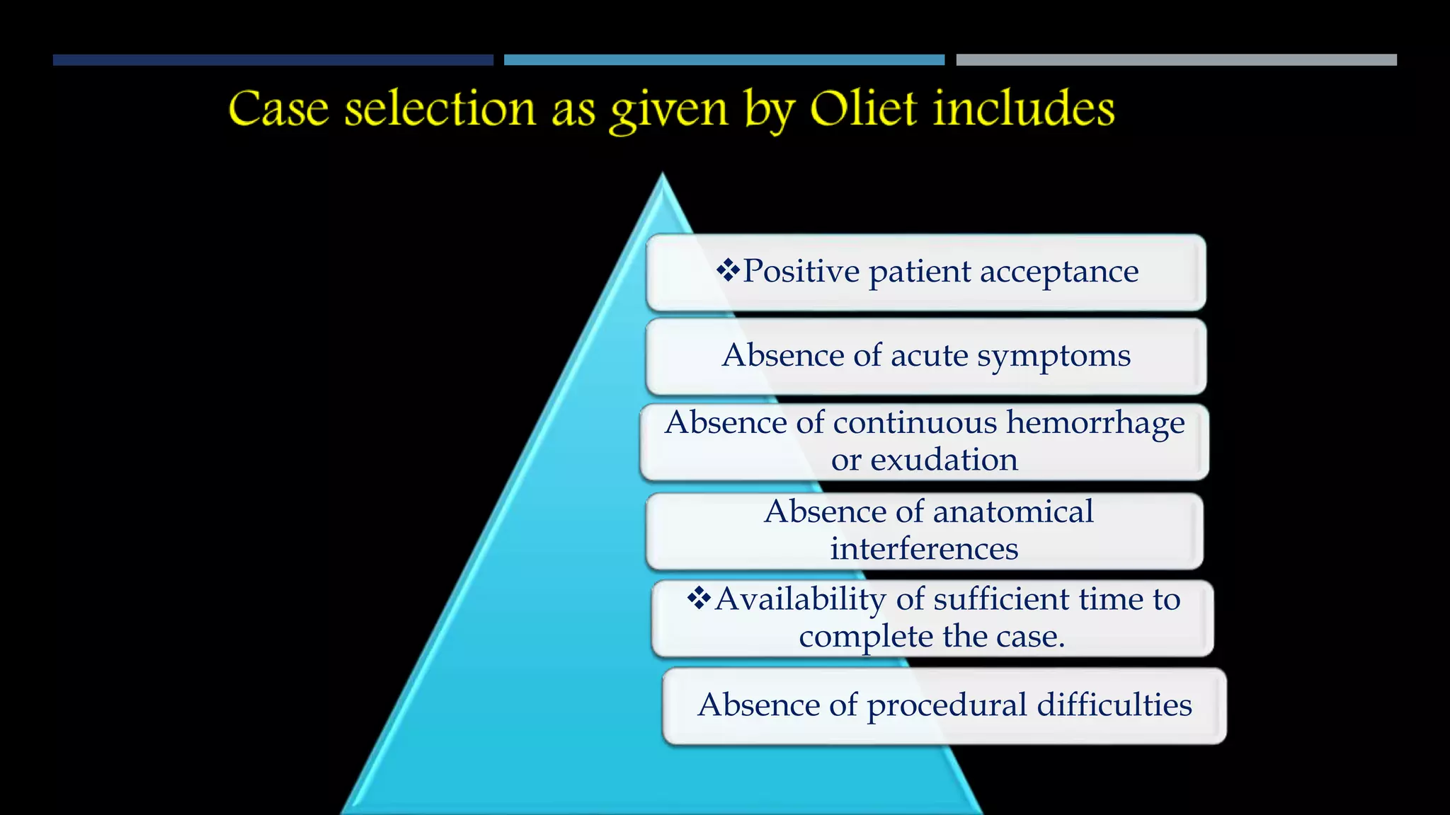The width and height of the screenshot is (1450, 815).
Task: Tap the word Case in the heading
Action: (278, 110)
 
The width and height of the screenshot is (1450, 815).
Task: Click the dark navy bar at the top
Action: (273, 60)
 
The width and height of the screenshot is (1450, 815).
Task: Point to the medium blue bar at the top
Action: (724, 60)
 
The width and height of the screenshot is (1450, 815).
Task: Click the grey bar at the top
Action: (1176, 60)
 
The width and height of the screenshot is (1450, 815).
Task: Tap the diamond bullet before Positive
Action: (727, 270)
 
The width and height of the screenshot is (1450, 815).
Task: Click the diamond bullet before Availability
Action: (699, 598)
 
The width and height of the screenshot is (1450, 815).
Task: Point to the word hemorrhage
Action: (1095, 422)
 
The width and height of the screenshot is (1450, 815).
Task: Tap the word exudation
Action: (944, 460)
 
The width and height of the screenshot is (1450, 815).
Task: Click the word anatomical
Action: (1013, 511)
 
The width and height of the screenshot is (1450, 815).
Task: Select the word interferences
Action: (924, 549)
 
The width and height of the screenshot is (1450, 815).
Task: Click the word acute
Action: (929, 356)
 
